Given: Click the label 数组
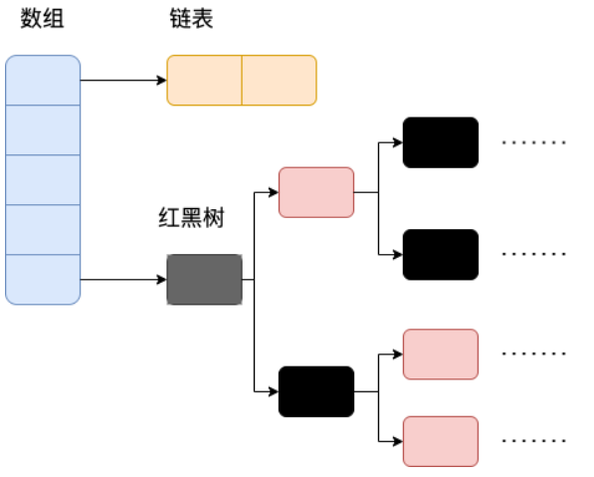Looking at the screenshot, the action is click(x=42, y=19).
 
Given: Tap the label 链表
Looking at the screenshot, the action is click(x=191, y=19).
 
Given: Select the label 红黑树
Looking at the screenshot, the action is click(x=191, y=217).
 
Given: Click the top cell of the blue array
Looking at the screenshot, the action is click(x=43, y=80).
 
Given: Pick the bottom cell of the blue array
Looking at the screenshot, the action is click(x=43, y=280).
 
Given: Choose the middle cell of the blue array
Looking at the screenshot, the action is click(x=43, y=179).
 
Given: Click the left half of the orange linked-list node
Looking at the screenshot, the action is click(x=204, y=80).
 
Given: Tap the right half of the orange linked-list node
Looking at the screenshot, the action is click(x=280, y=80).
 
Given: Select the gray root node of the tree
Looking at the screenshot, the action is click(x=205, y=280).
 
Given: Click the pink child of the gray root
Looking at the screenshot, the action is click(x=316, y=192).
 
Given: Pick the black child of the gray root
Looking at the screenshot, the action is click(x=316, y=391).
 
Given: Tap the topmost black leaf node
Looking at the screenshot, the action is click(x=441, y=142).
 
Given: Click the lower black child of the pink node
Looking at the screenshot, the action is click(x=441, y=254).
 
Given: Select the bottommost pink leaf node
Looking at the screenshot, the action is click(x=441, y=441).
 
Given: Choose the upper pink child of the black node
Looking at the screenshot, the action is click(x=441, y=355).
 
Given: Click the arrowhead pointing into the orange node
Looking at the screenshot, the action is click(x=162, y=80).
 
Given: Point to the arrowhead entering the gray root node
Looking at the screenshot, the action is click(x=162, y=280).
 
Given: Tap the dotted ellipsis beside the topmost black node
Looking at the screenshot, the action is click(x=533, y=142).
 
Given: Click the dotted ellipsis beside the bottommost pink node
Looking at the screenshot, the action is click(x=533, y=441).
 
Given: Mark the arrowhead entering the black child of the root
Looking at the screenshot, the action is click(x=274, y=391).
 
